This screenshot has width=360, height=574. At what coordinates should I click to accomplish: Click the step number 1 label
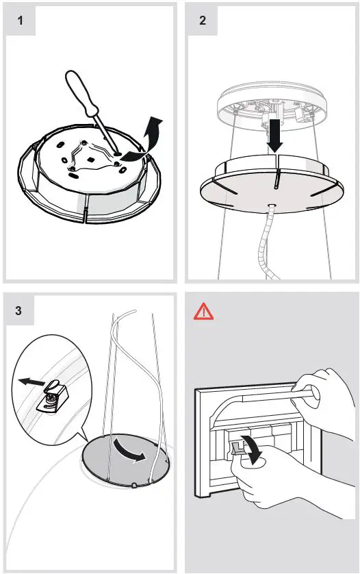pos(21,20)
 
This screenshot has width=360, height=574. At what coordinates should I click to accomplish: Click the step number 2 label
pos(203,20)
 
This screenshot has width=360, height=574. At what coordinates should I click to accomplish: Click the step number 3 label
pos(18,311)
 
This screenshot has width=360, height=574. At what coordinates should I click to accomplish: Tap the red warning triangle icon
pos(203,312)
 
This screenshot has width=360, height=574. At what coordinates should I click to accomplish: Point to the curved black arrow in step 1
pos(144,141)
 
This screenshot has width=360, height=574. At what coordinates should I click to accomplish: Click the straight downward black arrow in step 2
pos(274,135)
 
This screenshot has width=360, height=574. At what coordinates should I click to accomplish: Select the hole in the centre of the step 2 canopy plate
pos(272,206)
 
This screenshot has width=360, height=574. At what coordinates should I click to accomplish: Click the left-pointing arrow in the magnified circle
pos(31,382)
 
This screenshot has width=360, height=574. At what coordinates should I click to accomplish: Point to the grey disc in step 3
pos(125,460)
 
